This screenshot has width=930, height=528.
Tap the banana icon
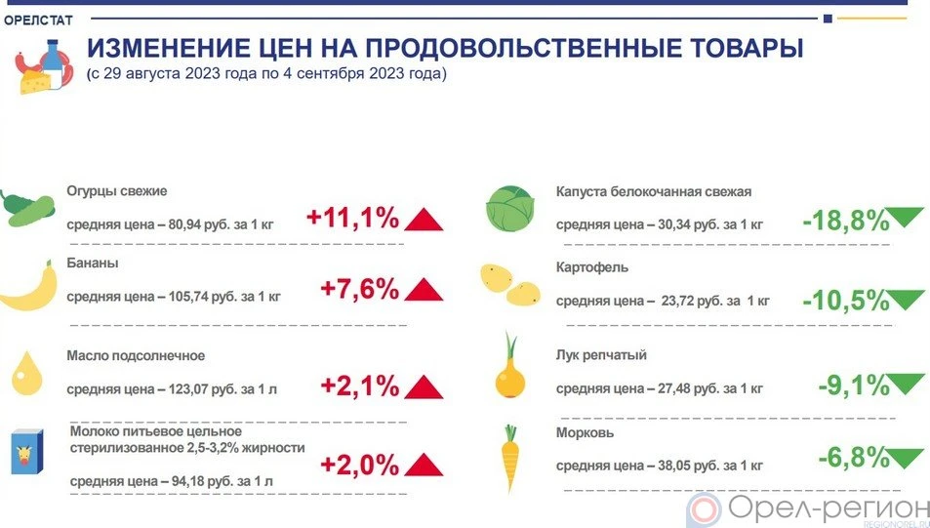click(29, 288)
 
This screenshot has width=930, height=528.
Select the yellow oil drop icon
click(26, 373)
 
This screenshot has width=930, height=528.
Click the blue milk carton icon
click(27, 452)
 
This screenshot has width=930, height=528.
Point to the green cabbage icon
click(510, 209)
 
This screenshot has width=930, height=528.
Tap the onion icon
click(510, 367)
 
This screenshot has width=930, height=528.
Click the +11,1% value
click(353, 218)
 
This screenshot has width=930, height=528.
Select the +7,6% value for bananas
click(359, 289)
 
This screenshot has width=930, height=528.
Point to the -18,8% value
click(846, 222)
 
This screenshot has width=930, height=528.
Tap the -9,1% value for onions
click(854, 386)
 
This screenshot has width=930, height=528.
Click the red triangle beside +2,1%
click(424, 386)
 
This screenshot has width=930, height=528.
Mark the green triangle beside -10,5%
click(905, 299)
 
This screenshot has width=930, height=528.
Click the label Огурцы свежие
click(117, 191)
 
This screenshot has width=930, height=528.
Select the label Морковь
click(585, 433)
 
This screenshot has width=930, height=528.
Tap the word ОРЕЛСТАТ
click(38, 20)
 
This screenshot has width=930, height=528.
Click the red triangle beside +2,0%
click(424, 465)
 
